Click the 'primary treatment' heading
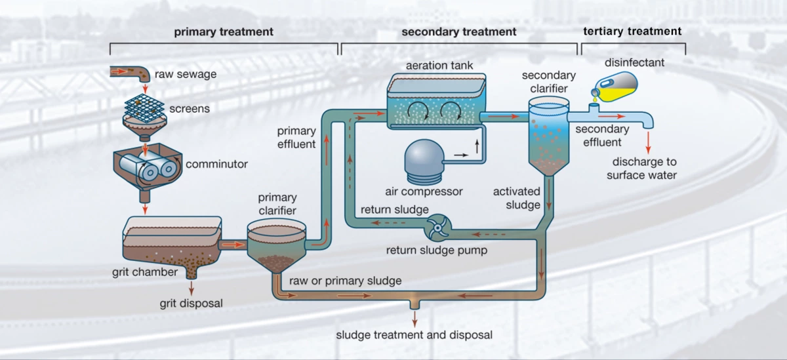click(224, 32)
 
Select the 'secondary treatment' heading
click(459, 32)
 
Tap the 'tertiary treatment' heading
click(632, 31)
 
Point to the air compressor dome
click(423, 159)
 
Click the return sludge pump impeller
click(435, 229)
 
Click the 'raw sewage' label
click(186, 74)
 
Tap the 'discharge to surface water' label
click(641, 169)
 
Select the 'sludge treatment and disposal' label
click(414, 335)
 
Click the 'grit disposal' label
click(191, 303)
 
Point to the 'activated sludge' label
click(517, 198)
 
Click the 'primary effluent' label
click(296, 137)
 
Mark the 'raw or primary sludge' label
click(345, 281)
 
